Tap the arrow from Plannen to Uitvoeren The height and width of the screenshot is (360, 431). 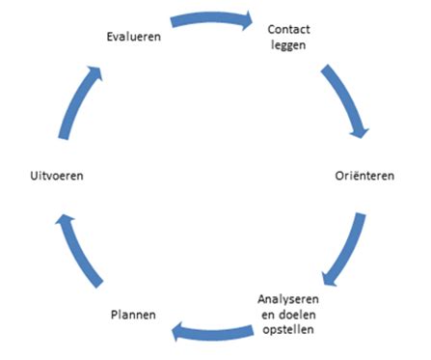pyautogui.click(x=76, y=253)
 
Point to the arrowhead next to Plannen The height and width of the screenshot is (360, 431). pyautogui.click(x=179, y=334)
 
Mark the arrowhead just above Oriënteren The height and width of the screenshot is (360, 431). pyautogui.click(x=361, y=128)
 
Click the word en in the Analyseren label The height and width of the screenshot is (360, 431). pyautogui.click(x=269, y=314)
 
